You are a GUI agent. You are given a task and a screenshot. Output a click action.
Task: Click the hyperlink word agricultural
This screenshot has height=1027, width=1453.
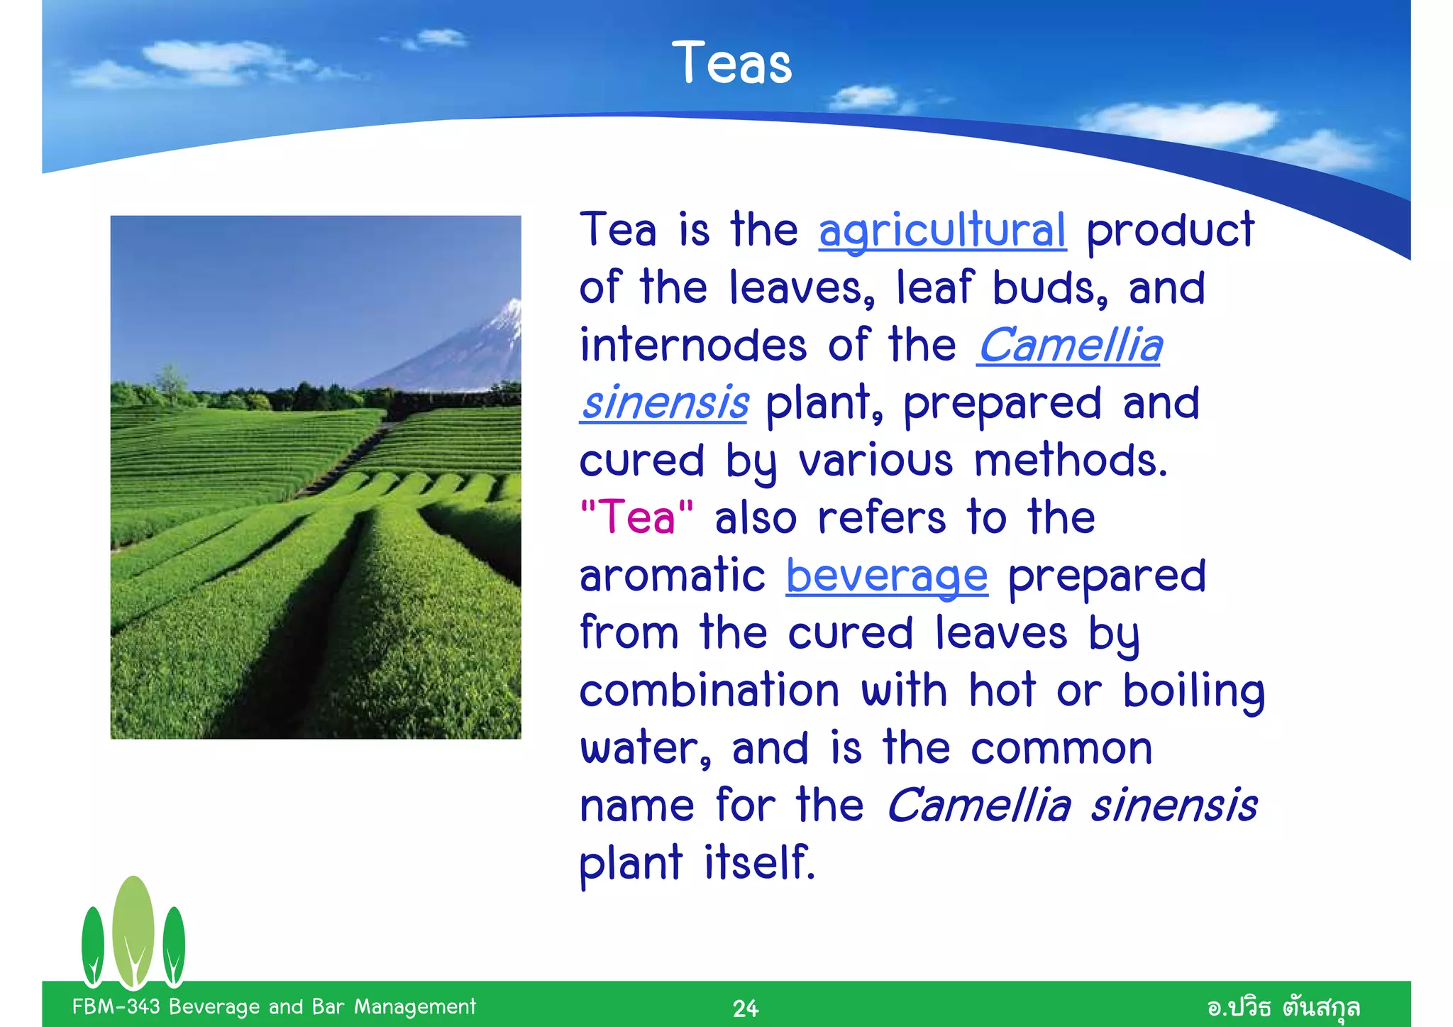pyautogui.click(x=942, y=230)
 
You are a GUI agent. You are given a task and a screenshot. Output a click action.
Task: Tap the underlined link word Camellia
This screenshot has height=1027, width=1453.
pyautogui.click(x=1069, y=346)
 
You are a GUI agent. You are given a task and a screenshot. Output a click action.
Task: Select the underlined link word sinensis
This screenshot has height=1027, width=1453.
pyautogui.click(x=664, y=403)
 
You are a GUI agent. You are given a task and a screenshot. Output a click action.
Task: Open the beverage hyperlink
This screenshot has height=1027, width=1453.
pyautogui.click(x=887, y=576)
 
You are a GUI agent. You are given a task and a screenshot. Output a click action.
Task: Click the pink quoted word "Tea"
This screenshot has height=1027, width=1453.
pyautogui.click(x=636, y=517)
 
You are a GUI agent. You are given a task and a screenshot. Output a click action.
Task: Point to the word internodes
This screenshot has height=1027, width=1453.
pyautogui.click(x=693, y=346)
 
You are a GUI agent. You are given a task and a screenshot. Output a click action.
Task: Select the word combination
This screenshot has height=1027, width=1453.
pyautogui.click(x=709, y=691)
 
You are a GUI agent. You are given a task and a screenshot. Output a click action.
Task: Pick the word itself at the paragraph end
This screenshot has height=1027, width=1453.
pyautogui.click(x=759, y=863)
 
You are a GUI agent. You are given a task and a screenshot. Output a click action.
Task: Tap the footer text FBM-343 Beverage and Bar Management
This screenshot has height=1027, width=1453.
pyautogui.click(x=274, y=1006)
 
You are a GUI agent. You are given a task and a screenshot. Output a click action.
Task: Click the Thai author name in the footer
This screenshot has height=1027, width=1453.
pyautogui.click(x=1283, y=1007)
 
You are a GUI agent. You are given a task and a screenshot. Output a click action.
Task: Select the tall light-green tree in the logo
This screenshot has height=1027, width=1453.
pyautogui.click(x=133, y=930)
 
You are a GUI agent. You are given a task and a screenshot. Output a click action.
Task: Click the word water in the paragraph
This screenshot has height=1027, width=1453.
pyautogui.click(x=645, y=749)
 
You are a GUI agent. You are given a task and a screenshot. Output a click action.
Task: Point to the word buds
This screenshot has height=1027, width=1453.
pyautogui.click(x=1049, y=288)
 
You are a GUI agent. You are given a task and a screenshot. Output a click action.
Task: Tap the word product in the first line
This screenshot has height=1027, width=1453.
pyautogui.click(x=1170, y=231)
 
